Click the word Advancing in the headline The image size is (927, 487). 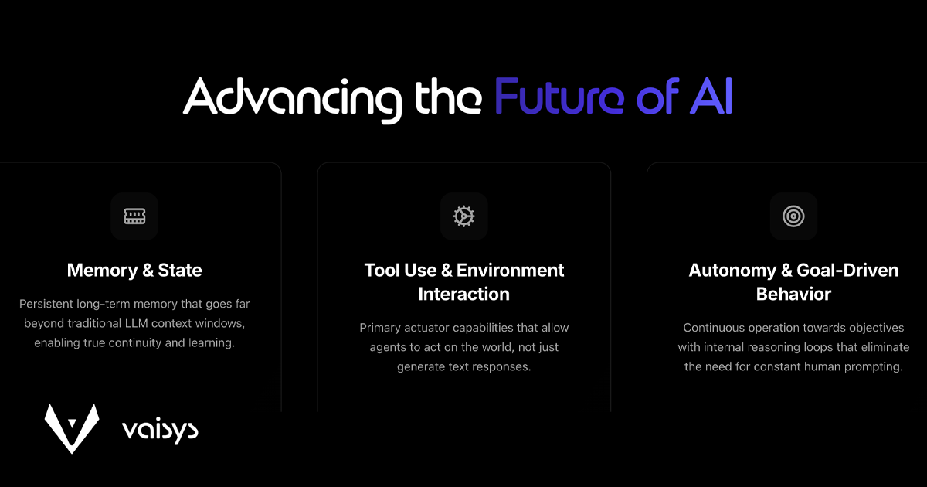293,100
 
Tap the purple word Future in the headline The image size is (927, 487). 559,96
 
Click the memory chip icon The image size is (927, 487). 134,216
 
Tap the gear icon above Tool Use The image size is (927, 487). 464,216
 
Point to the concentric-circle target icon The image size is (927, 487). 793,216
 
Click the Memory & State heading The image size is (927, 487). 134,271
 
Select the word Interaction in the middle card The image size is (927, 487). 464,294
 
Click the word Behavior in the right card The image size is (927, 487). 793,294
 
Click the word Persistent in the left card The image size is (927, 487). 46,304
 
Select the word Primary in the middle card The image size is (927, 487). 380,329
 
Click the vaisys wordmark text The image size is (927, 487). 160,431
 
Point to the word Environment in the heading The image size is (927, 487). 511,271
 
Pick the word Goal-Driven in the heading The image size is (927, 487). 847,271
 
